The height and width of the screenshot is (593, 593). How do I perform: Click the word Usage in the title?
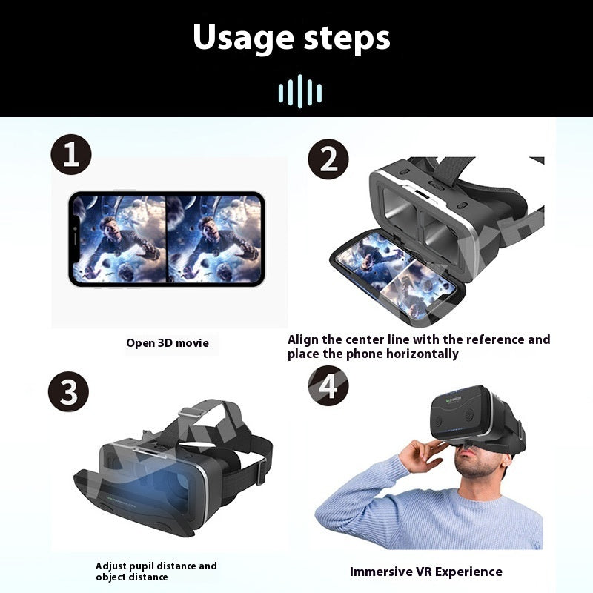point(243,38)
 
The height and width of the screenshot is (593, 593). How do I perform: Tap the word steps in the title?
point(347,38)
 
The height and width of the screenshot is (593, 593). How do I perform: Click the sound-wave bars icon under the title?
point(300,91)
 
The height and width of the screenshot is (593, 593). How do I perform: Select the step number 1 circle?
point(71,154)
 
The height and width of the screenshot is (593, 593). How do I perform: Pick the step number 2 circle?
point(328,159)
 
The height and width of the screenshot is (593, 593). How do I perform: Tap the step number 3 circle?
point(68,391)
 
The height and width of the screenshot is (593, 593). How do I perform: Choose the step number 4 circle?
point(328,385)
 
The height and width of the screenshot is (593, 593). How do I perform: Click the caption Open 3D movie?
point(168,343)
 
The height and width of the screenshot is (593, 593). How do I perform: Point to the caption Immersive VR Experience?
point(426,572)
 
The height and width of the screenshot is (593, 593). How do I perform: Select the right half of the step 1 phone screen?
point(213,239)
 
